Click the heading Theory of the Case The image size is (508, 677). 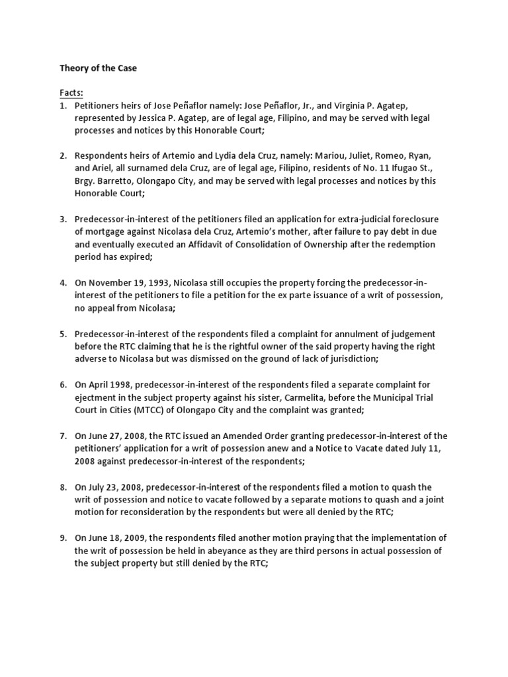(x=99, y=68)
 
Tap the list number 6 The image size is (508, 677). (x=63, y=384)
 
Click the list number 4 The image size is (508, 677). (x=63, y=282)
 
